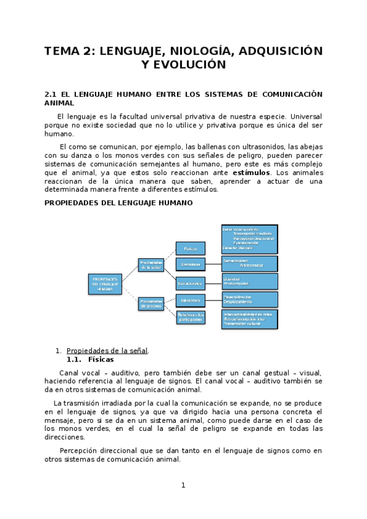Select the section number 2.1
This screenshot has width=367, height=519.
pos(51,94)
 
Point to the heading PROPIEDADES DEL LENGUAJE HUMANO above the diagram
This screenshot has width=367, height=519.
pos(119,203)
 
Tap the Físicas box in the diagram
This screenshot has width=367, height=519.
pos(190,248)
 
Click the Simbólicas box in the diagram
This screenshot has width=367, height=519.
pos(190,264)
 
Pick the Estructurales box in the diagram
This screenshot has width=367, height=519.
pos(190,283)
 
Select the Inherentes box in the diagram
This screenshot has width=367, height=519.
pos(190,301)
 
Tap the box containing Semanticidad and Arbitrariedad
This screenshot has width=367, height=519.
pos(249,263)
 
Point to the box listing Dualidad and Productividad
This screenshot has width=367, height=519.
pos(249,281)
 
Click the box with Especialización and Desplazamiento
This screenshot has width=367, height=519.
pos(249,299)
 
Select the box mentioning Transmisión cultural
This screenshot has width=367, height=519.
pos(249,319)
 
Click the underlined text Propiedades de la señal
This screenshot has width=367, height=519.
pos(107,351)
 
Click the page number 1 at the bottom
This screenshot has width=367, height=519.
pos(183,485)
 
